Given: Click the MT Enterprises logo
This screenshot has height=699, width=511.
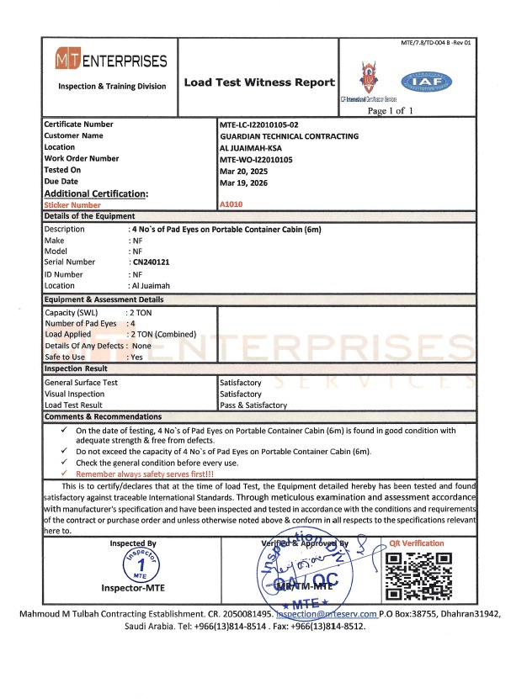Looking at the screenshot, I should tap(111, 61).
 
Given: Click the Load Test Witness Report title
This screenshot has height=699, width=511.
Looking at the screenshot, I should tap(259, 82).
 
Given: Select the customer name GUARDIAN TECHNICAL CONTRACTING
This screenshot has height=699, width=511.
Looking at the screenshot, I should tap(289, 135).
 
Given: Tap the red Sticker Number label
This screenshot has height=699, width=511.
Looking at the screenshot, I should tap(72, 204).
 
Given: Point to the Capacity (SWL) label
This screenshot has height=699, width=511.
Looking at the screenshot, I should tap(72, 312).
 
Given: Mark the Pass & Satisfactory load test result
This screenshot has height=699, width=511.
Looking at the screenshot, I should tap(253, 405).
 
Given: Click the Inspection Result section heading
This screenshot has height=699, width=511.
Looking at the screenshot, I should tap(76, 368).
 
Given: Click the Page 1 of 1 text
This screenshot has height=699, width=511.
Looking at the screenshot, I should tap(391, 110).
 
